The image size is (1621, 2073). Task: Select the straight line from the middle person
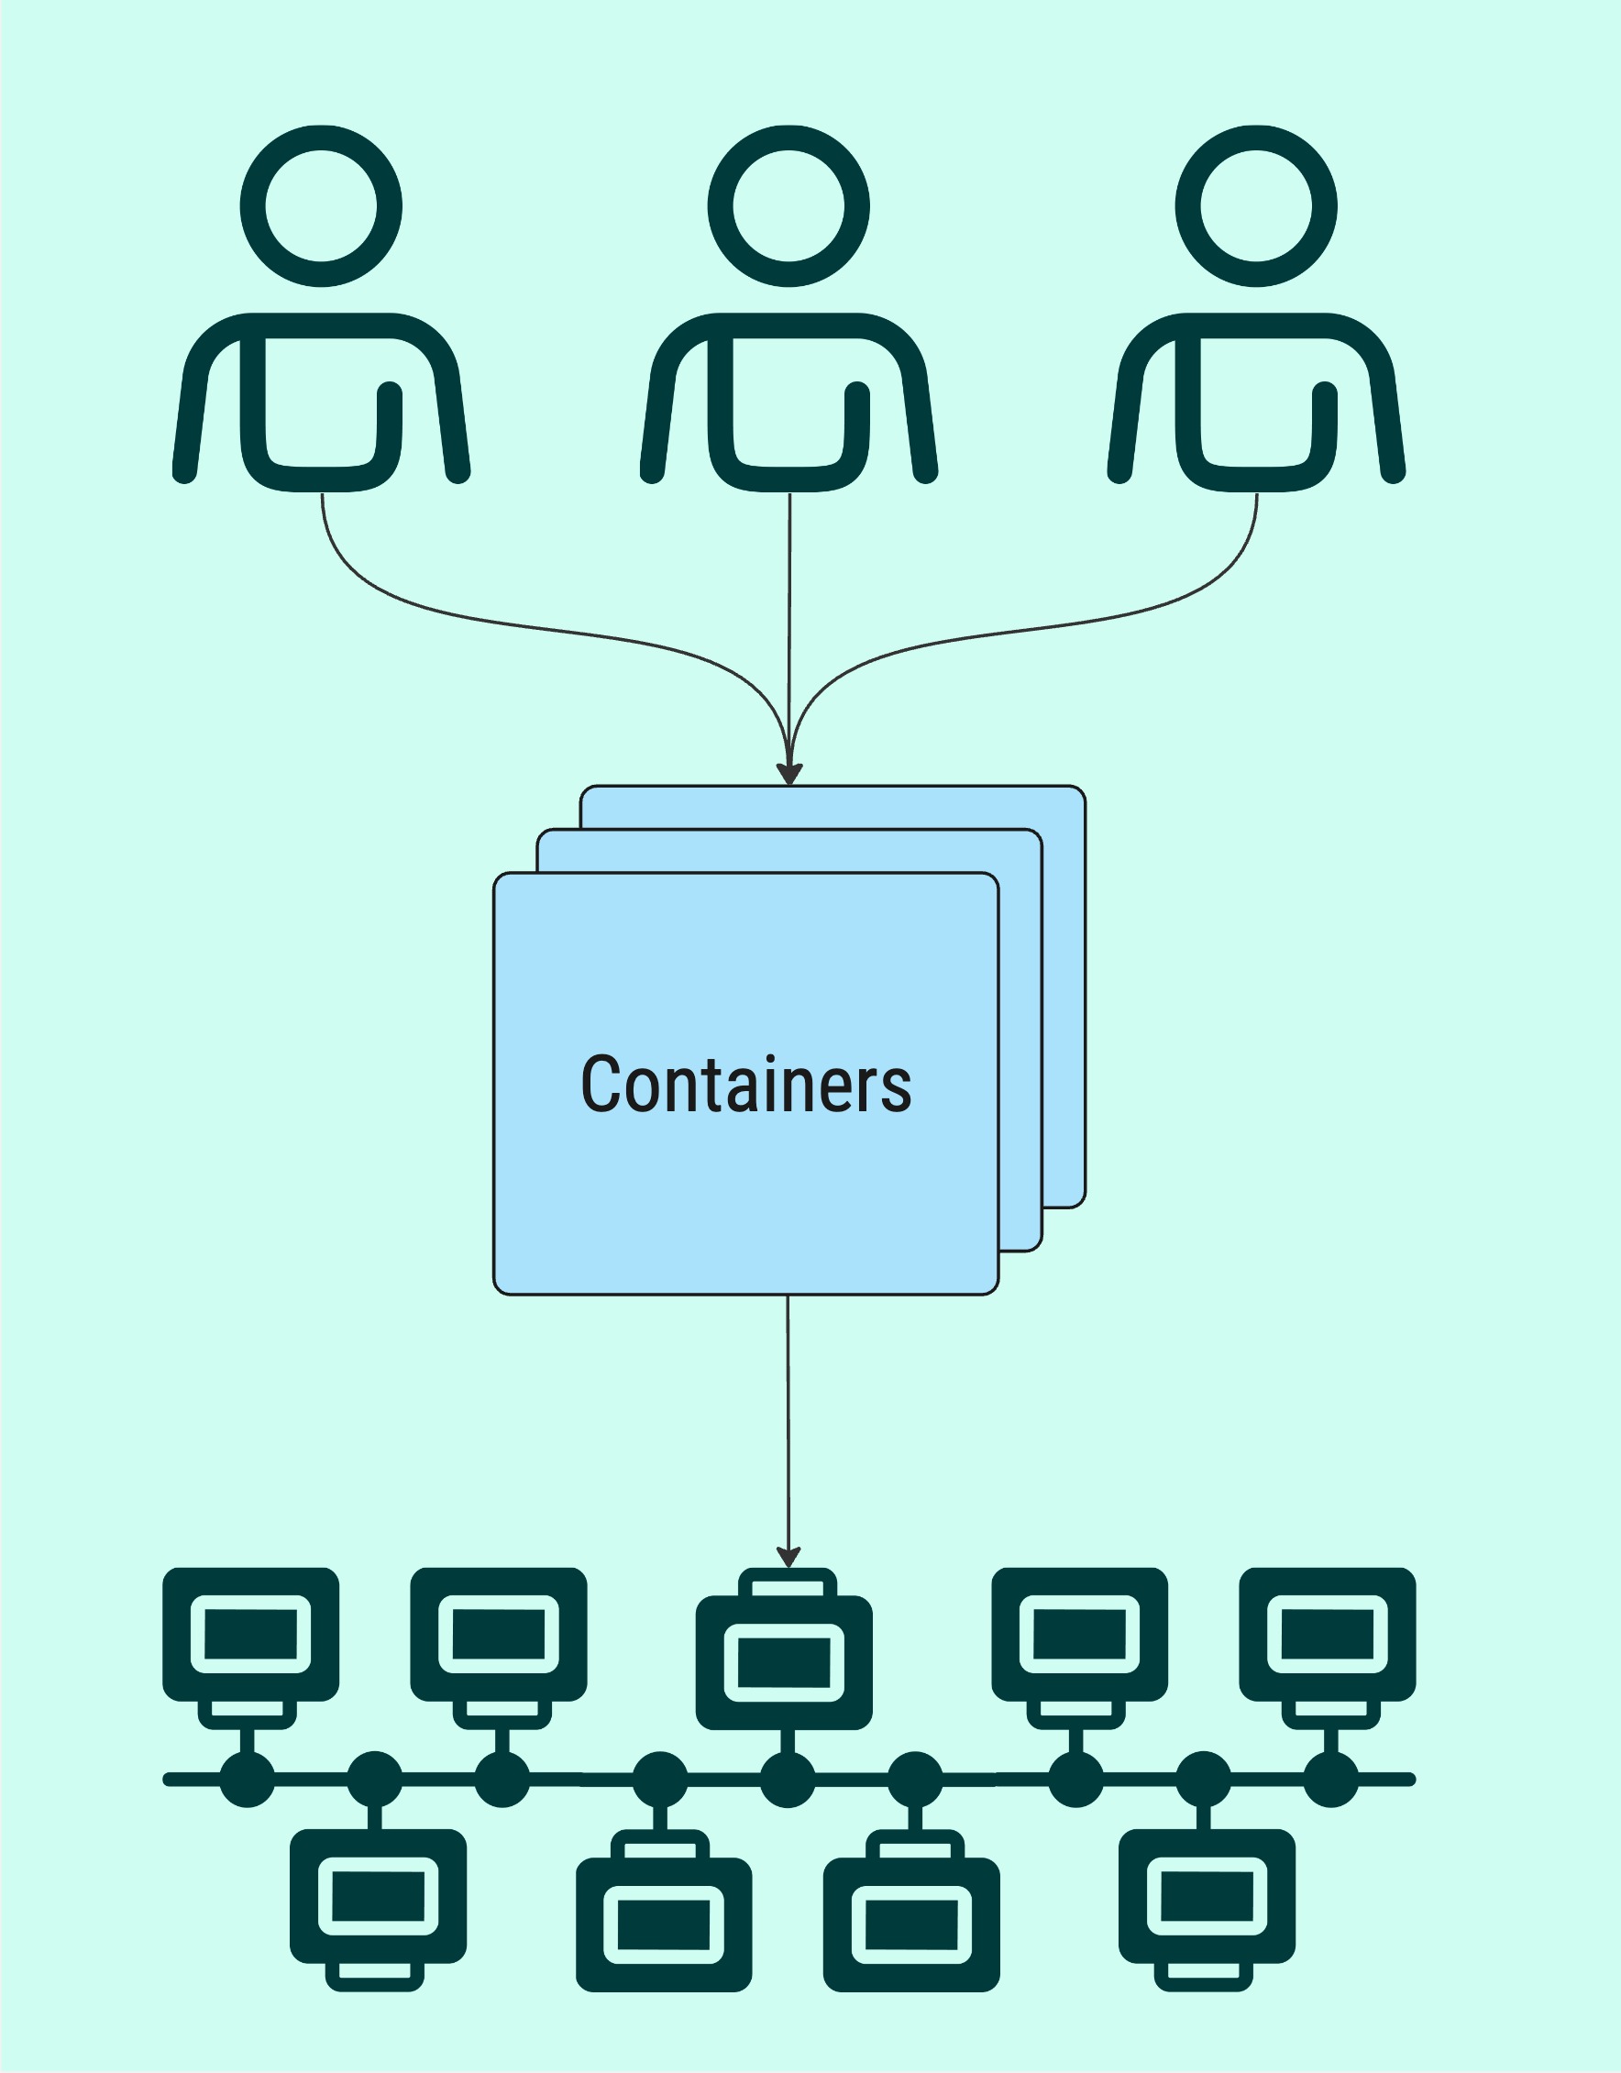tap(789, 617)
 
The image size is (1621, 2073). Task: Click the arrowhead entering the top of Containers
tap(789, 774)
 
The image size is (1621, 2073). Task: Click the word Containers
tap(746, 1084)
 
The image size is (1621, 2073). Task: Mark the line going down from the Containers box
tap(788, 1424)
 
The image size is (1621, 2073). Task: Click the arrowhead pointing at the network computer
tap(788, 1558)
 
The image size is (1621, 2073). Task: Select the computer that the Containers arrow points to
tap(784, 1660)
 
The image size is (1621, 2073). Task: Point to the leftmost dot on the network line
tap(248, 1779)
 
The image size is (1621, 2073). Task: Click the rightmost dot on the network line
tap(1330, 1779)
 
